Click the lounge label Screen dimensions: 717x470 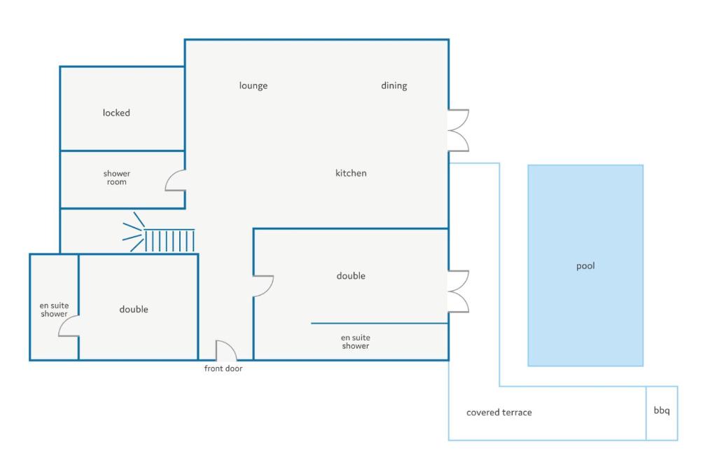coord(253,85)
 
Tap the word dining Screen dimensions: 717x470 coord(394,85)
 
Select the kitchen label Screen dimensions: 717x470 coord(351,173)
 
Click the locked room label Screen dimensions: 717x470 coord(116,113)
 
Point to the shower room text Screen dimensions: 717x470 coord(117,178)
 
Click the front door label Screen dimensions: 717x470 coord(223,368)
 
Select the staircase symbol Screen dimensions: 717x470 coord(159,233)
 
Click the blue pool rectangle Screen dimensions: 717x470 coord(585,265)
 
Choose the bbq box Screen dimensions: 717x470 coord(662,413)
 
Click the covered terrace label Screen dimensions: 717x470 coord(499,413)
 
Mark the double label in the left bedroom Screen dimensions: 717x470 coord(134,310)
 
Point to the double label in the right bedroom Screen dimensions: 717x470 coord(351,275)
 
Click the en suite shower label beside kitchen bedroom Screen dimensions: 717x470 coord(355,342)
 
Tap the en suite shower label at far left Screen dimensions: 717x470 coord(54,310)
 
